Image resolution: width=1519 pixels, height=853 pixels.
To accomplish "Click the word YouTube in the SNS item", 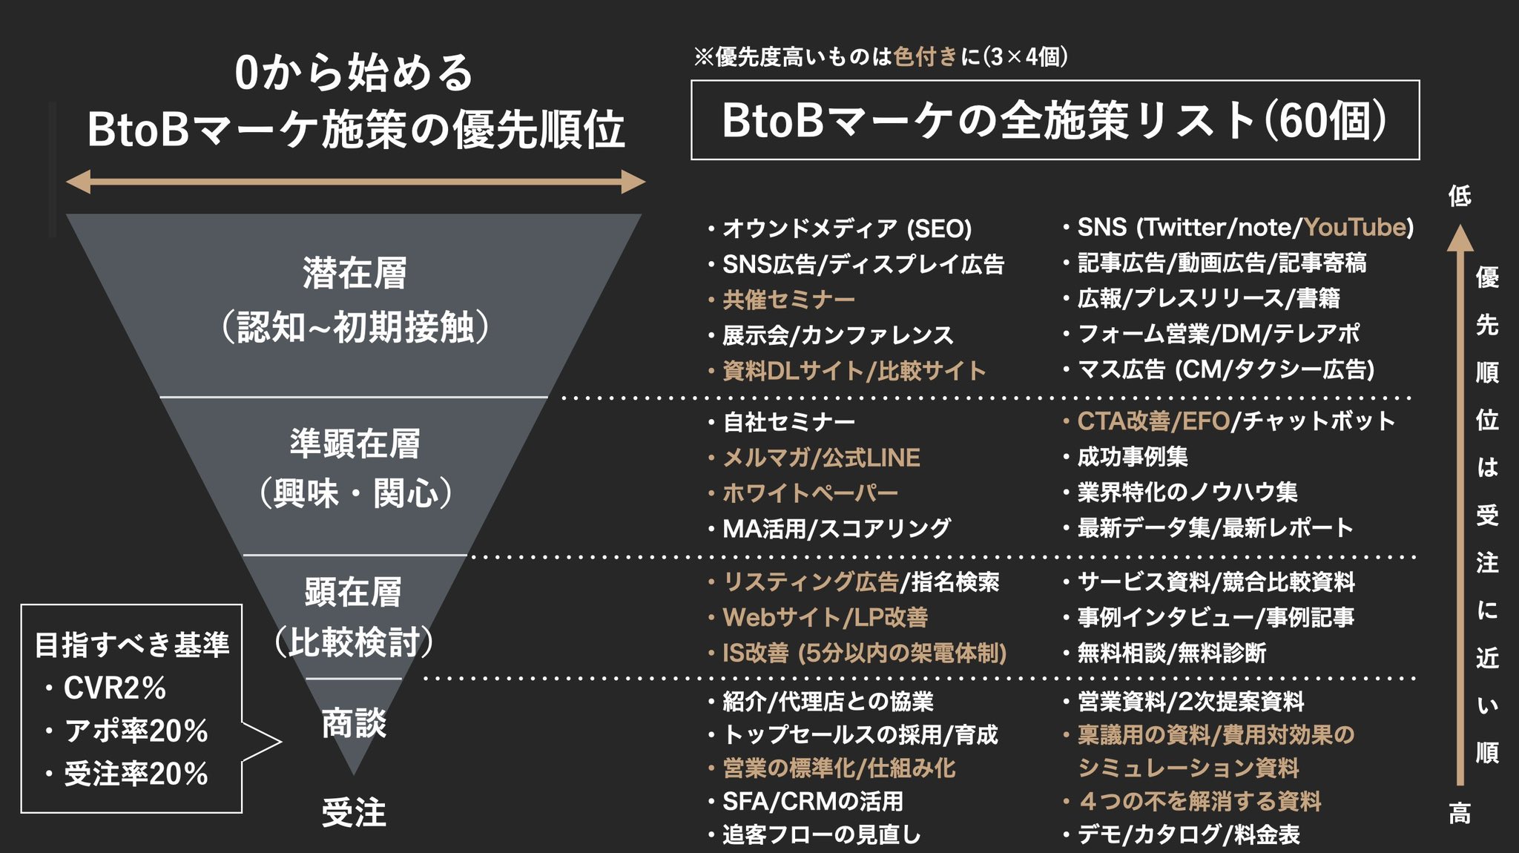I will (1354, 227).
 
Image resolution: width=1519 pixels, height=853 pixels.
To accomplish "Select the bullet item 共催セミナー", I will (788, 300).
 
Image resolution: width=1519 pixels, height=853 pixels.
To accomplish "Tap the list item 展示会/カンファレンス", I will (837, 335).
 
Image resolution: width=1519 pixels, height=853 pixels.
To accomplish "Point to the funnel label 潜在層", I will (355, 273).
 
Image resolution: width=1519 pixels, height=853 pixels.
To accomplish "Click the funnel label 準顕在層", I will (355, 444).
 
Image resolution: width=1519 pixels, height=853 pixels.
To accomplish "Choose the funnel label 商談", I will (354, 723).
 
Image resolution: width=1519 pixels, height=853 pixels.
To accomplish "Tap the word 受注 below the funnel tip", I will (354, 812).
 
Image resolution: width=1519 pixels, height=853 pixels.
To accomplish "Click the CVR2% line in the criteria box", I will (114, 688).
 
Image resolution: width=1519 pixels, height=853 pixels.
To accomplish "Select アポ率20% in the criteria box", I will (136, 731).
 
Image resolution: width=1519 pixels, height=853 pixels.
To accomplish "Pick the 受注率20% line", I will (136, 774).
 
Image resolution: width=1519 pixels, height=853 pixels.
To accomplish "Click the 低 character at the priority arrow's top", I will (1460, 196).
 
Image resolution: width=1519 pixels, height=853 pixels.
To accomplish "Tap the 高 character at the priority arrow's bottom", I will (1460, 814).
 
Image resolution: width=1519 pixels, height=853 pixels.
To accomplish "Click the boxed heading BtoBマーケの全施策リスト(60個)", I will (1055, 120).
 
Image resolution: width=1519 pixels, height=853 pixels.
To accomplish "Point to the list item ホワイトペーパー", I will (810, 493).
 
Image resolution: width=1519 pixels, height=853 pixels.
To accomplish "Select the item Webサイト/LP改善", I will (825, 617).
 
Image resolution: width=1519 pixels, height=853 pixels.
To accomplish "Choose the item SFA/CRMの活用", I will (813, 801).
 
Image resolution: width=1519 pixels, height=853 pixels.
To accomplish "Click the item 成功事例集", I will (1132, 457).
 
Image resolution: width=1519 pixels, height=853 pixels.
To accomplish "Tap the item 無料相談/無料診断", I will (1171, 653).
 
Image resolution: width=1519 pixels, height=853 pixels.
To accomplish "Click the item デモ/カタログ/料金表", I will (1188, 834).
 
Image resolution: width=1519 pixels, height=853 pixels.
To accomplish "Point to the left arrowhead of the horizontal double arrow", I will (78, 182).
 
